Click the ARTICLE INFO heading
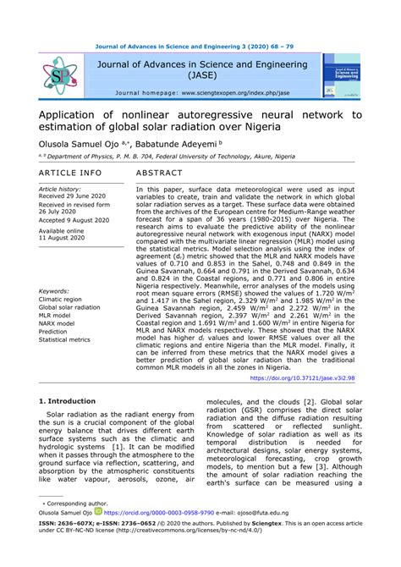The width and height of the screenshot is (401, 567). pyautogui.click(x=70, y=173)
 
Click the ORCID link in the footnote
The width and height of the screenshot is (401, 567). pyautogui.click(x=178, y=535)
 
